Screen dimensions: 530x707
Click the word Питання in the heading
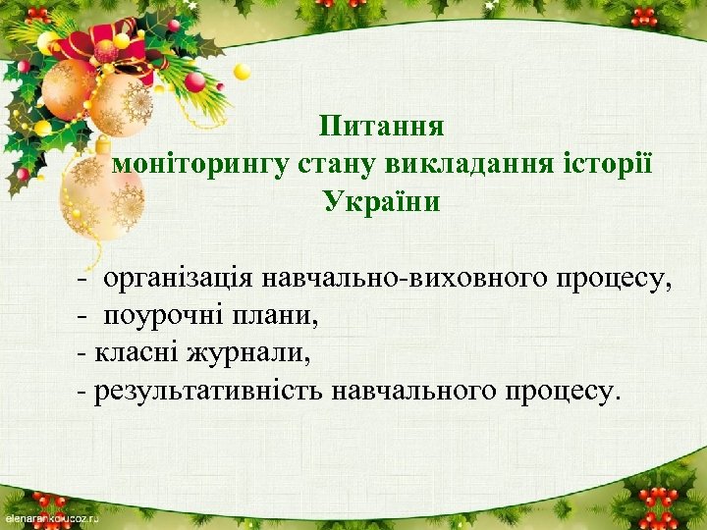tap(382, 128)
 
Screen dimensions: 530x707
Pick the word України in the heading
tap(382, 202)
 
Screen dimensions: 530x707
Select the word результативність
tap(207, 392)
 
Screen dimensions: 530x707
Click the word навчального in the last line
tap(413, 392)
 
